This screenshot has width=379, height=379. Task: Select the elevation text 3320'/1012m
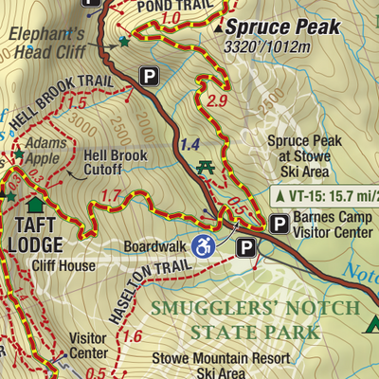pos(266,46)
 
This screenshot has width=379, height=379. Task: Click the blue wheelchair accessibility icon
pos(202,245)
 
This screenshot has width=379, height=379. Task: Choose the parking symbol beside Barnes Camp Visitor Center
pos(280,224)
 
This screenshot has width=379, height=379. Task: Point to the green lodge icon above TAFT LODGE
pos(36,203)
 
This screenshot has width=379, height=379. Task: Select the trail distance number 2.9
pos(217,100)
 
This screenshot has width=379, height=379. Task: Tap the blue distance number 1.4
pos(189,144)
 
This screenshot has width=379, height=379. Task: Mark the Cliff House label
pos(64,266)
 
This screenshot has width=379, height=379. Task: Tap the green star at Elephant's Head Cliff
pos(123,42)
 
